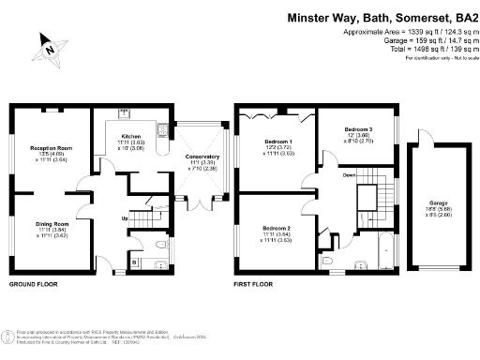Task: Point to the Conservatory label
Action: click(202, 157)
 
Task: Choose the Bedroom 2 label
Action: click(276, 228)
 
